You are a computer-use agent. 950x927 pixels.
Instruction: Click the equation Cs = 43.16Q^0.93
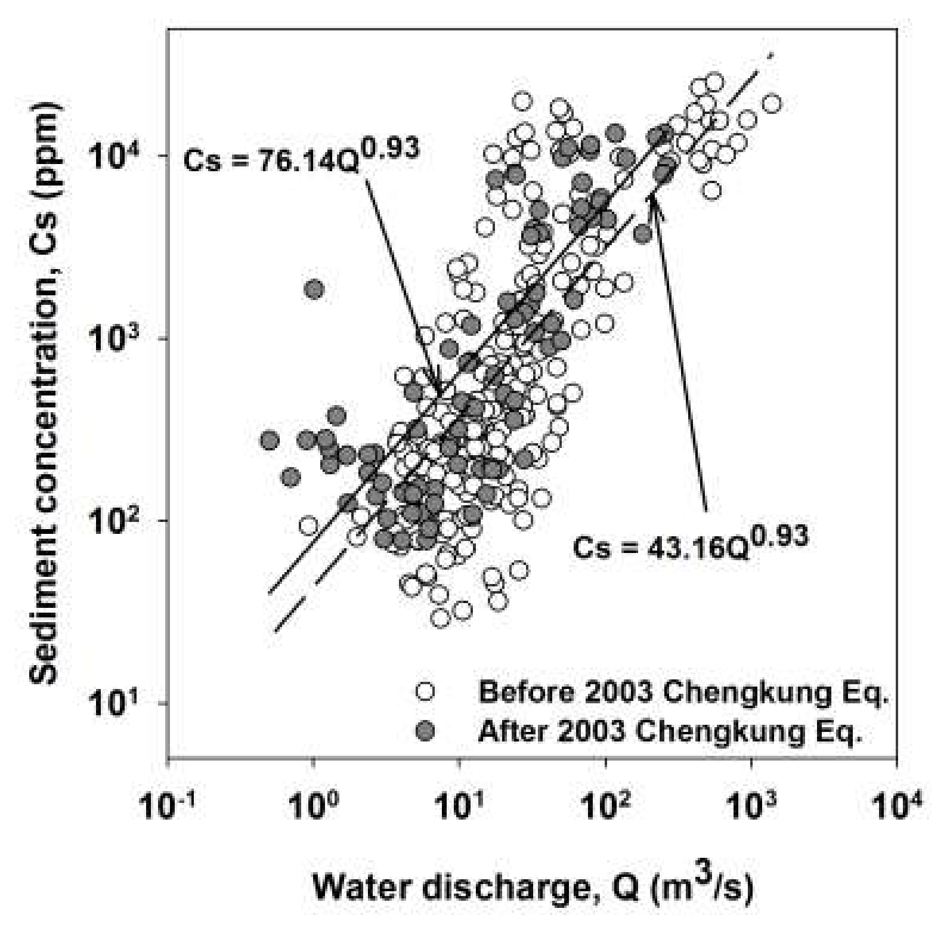tap(690, 542)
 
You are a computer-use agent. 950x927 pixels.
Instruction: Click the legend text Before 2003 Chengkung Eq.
tap(683, 693)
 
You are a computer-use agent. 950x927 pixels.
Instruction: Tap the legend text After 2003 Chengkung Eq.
tap(670, 731)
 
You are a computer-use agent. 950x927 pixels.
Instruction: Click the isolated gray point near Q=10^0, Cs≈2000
tap(314, 290)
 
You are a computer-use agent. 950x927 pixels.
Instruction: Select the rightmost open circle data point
tap(772, 104)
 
